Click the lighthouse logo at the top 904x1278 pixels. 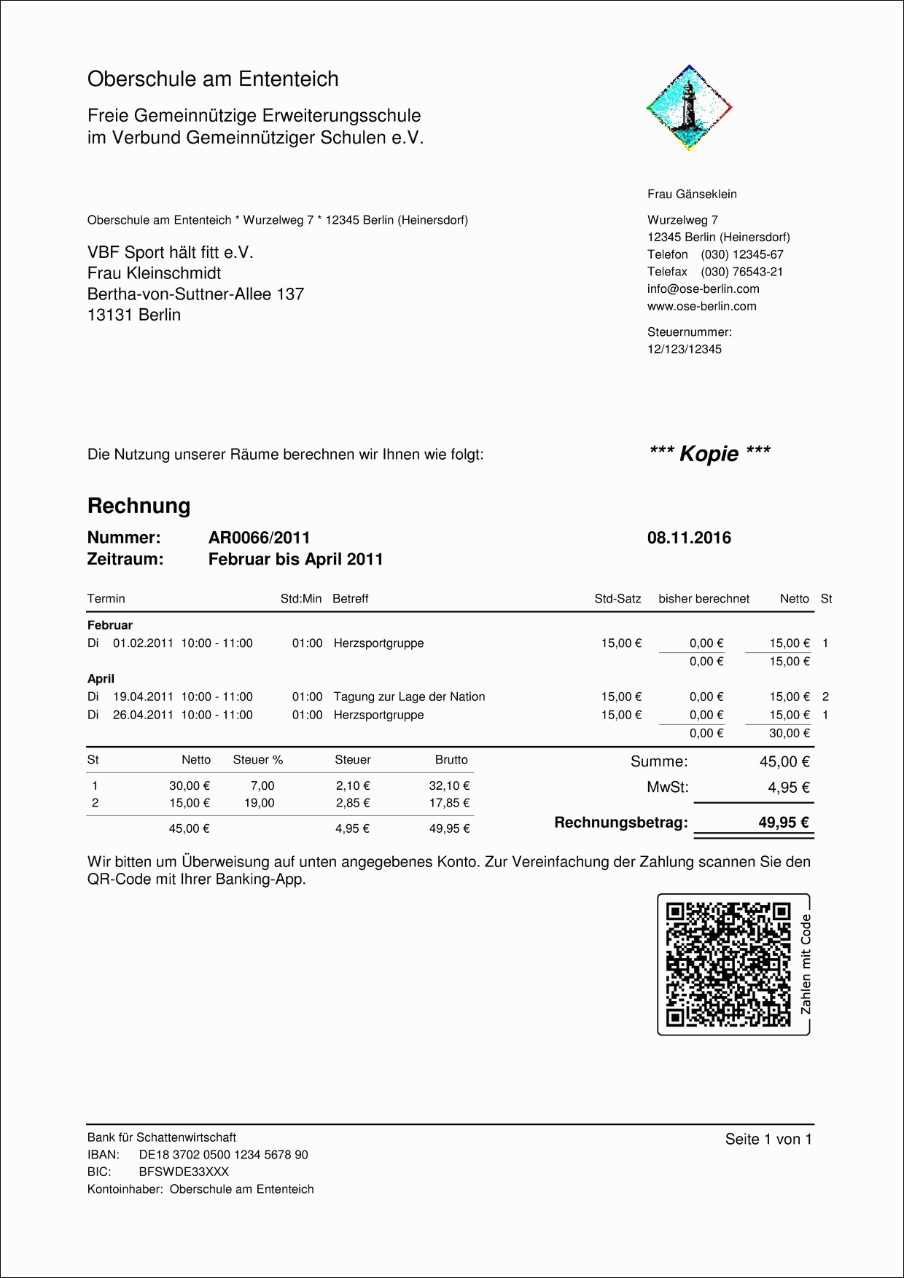pyautogui.click(x=689, y=108)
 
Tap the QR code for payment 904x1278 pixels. pyautogui.click(x=728, y=963)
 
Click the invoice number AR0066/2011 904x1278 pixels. pyautogui.click(x=259, y=538)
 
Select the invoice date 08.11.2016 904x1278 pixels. pyautogui.click(x=689, y=538)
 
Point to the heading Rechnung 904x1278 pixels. pyautogui.click(x=139, y=506)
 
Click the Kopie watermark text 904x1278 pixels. pyautogui.click(x=709, y=454)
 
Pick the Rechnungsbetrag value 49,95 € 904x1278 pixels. pyautogui.click(x=784, y=823)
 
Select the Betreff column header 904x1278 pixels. pyautogui.click(x=350, y=599)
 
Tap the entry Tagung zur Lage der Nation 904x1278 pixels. pyautogui.click(x=409, y=697)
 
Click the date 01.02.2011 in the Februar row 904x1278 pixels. pyautogui.click(x=143, y=643)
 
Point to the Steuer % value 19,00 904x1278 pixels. pyautogui.click(x=260, y=803)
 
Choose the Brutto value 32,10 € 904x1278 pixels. pyautogui.click(x=449, y=785)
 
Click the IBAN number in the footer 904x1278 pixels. pyautogui.click(x=223, y=1155)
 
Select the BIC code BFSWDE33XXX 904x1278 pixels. pyautogui.click(x=184, y=1172)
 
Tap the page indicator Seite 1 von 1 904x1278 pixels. pyautogui.click(x=768, y=1140)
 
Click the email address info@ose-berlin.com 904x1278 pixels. pyautogui.click(x=703, y=289)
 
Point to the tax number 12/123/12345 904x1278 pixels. pyautogui.click(x=685, y=349)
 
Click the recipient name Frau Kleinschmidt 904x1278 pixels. pyautogui.click(x=154, y=273)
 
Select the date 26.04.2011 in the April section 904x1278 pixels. pyautogui.click(x=143, y=715)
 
